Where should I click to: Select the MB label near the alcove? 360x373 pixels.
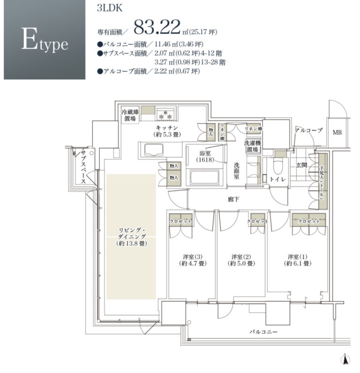337,132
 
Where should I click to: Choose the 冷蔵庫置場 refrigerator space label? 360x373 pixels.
129,115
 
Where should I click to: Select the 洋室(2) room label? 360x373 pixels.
241,260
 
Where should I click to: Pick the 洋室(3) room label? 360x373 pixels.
192,260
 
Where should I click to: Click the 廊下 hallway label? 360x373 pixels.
233,199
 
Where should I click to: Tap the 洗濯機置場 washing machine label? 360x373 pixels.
252,146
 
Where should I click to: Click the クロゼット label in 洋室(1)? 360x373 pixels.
308,221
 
